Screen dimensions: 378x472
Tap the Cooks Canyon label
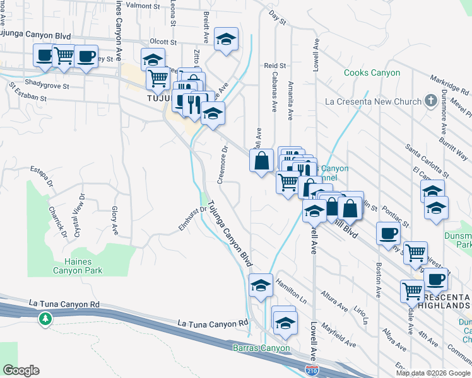click(x=372, y=73)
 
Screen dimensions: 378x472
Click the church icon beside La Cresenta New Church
click(x=431, y=101)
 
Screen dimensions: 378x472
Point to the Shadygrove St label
click(x=47, y=84)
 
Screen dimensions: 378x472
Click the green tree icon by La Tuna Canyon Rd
click(x=45, y=319)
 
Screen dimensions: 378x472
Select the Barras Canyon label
click(x=261, y=348)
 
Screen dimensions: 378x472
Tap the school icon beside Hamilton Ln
click(x=261, y=285)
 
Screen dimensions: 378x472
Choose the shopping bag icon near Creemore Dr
click(x=261, y=161)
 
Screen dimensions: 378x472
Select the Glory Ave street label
click(x=115, y=221)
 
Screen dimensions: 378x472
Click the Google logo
click(x=21, y=370)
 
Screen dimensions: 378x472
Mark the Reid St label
click(x=275, y=66)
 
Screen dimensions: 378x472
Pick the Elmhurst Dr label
click(x=193, y=219)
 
